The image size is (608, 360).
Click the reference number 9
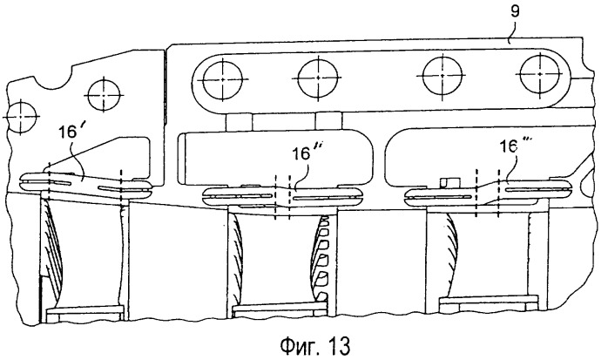[514, 11]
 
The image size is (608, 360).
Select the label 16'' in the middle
[307, 153]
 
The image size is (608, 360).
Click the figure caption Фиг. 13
[314, 345]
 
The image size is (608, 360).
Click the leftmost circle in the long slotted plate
[223, 78]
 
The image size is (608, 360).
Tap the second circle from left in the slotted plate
[318, 78]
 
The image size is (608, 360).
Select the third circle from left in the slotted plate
[442, 76]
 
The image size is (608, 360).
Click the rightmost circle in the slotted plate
[540, 73]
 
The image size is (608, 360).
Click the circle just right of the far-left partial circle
[105, 95]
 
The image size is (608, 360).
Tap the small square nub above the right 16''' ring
[449, 181]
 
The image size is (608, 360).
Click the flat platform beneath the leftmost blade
[84, 310]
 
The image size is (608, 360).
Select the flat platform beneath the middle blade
[279, 308]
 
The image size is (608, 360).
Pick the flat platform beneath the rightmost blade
[489, 300]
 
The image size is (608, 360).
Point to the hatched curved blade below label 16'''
[451, 255]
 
